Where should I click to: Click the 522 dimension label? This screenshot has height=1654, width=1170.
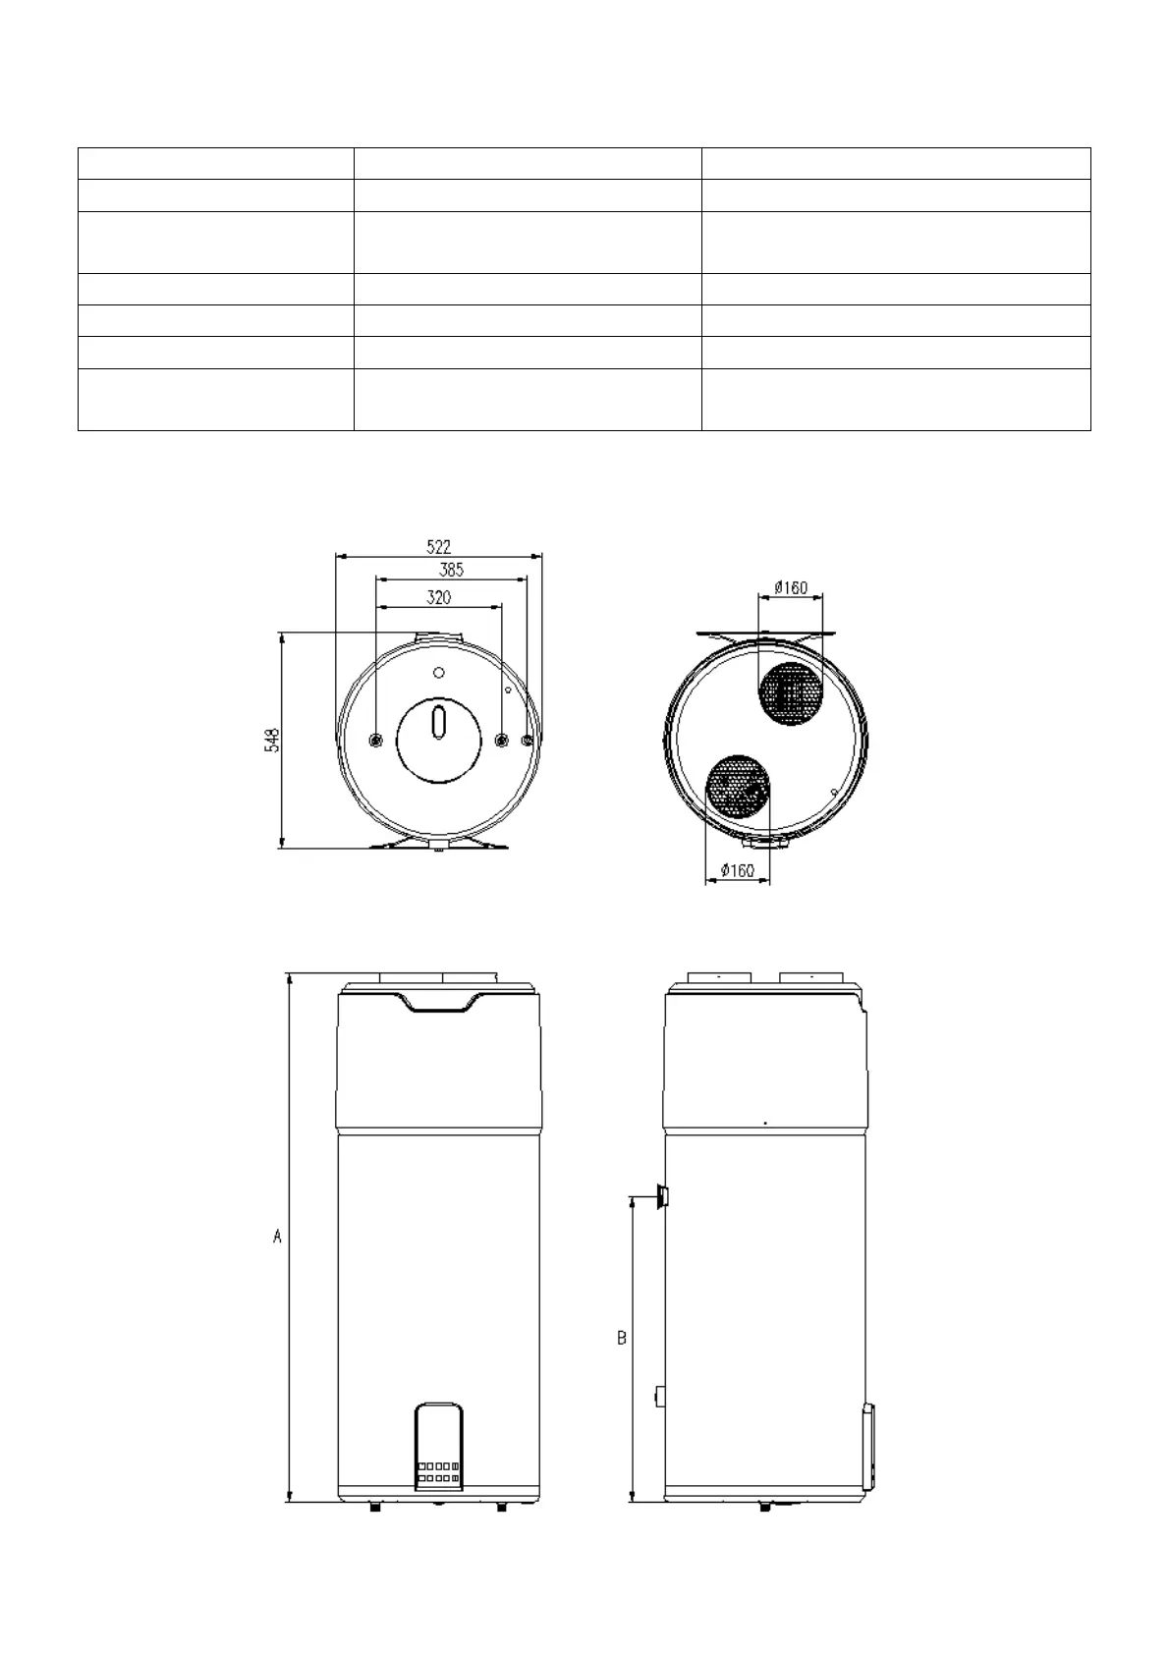(438, 547)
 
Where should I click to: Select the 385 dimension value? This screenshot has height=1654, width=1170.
(451, 570)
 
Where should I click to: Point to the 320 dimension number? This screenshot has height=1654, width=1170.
(439, 597)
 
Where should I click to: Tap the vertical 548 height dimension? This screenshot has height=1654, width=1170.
(272, 741)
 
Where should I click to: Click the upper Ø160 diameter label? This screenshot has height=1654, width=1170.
(791, 587)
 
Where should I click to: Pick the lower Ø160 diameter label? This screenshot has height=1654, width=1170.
(738, 870)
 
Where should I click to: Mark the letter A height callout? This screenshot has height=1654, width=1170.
(277, 1236)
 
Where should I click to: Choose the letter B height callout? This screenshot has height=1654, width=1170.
(622, 1338)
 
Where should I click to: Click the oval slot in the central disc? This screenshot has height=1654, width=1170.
(439, 723)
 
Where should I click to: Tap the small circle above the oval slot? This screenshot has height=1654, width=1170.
(439, 672)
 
